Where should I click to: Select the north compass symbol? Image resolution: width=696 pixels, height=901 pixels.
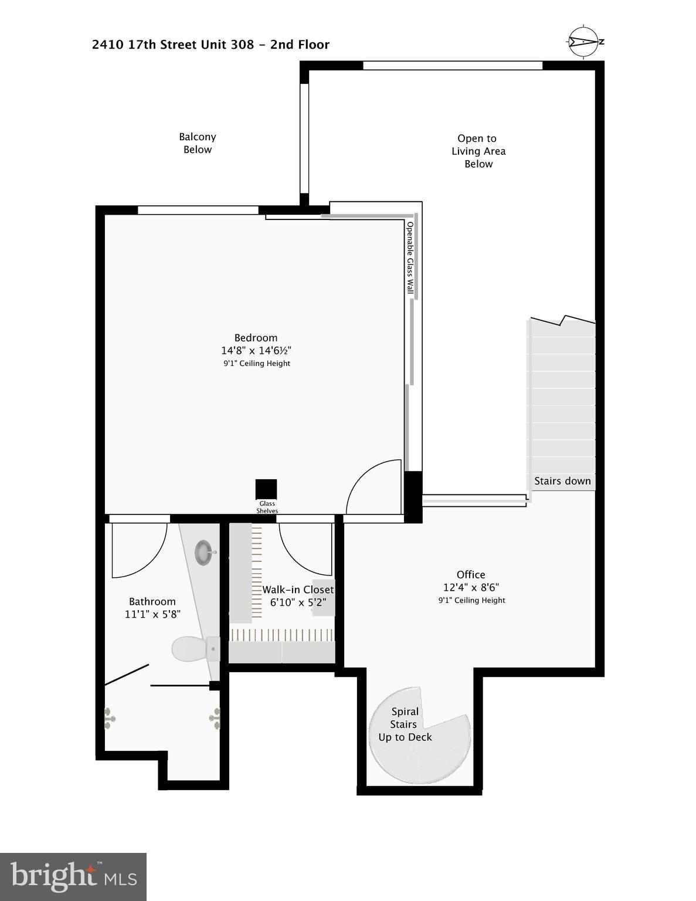point(585,42)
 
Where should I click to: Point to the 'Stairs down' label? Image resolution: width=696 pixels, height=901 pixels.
point(562,481)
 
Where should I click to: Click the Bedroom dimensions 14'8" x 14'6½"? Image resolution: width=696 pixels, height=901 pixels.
point(256,351)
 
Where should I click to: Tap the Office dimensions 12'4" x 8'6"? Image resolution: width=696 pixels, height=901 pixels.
point(471,587)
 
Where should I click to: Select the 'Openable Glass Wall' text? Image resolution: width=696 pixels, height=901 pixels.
point(410,258)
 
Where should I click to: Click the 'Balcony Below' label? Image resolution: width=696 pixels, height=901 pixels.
point(198,143)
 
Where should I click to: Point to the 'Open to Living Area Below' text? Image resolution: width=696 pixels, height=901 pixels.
point(478,151)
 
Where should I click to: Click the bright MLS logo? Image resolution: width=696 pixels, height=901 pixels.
point(73,877)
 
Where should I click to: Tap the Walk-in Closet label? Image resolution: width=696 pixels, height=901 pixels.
point(298,590)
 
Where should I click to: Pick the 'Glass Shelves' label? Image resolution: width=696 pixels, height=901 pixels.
point(267,507)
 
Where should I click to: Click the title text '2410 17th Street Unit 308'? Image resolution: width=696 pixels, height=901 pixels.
point(173,45)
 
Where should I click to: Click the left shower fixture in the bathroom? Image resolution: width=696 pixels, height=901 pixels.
point(109,718)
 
